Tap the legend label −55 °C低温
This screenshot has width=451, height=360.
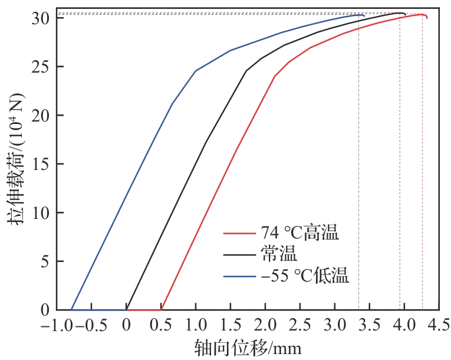point(304,275)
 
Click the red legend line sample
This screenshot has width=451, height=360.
point(238,234)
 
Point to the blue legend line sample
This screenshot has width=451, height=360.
point(238,276)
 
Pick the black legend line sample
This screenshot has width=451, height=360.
point(238,254)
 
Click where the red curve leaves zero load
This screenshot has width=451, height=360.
point(161,309)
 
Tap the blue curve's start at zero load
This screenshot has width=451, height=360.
point(72,309)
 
